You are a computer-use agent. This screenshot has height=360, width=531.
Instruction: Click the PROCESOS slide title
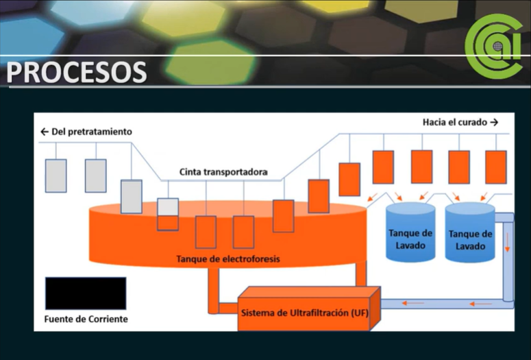pos(77,72)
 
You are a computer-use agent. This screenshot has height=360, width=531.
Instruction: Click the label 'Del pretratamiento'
pos(92,132)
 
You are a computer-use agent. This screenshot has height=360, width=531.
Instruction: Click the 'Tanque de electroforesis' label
pos(228,259)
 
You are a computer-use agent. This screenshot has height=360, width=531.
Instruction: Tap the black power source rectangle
pos(86,293)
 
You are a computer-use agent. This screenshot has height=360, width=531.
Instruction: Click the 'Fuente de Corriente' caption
pos(86,319)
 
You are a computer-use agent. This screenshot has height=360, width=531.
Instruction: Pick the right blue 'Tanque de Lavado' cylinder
pos(470,235)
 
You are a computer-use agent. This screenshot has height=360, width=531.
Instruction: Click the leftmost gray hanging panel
pos(55,176)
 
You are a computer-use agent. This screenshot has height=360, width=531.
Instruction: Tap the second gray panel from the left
pos(95,176)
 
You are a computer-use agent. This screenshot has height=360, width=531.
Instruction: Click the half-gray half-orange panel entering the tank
pos(168,214)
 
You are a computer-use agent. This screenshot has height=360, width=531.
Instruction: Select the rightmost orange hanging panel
pos(495,167)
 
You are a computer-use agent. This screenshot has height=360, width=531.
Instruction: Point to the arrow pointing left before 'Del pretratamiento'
pos(45,132)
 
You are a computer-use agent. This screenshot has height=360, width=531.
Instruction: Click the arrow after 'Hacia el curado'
pos(493,122)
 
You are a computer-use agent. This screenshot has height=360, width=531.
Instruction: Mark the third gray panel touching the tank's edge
pos(131,196)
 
